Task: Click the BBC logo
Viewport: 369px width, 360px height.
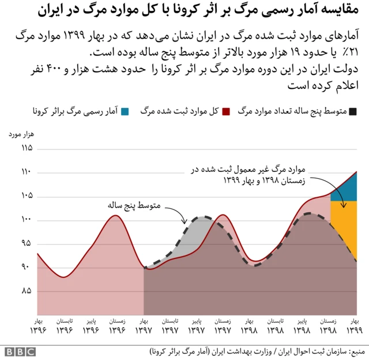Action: click(20, 351)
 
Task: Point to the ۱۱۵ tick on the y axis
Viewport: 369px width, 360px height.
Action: click(25, 148)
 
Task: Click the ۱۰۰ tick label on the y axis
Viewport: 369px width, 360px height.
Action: click(25, 220)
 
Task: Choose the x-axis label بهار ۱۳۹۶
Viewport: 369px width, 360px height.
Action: click(39, 326)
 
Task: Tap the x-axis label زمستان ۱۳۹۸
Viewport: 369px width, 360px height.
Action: click(327, 326)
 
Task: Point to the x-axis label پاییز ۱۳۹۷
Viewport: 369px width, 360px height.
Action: click(197, 326)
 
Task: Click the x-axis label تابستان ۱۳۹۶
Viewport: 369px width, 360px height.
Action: click(65, 326)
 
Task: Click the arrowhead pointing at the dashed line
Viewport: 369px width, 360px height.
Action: click(184, 221)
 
